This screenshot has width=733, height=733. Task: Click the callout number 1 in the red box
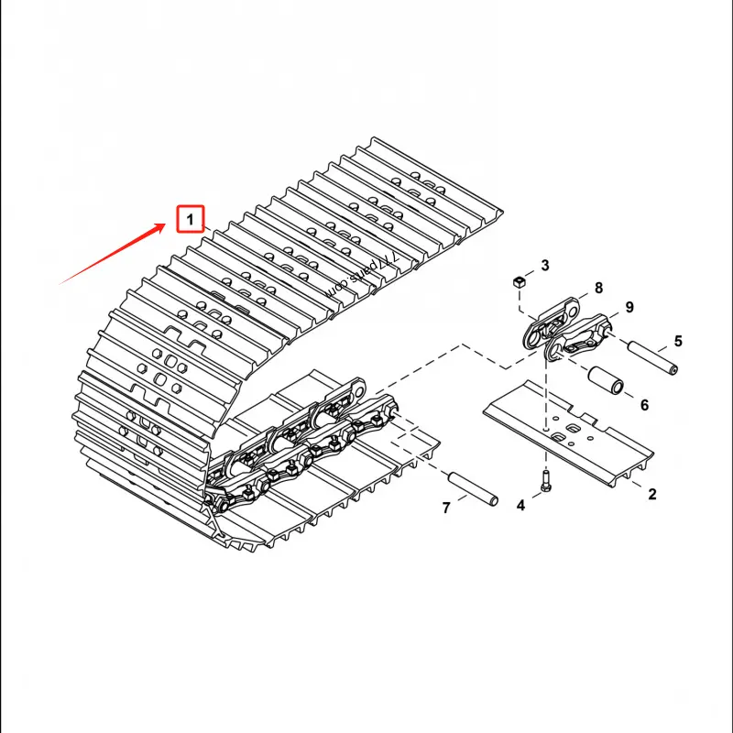tap(190, 220)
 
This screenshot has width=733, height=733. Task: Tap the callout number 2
tap(652, 495)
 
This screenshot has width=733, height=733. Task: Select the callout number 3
tap(544, 266)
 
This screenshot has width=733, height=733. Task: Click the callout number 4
tap(520, 505)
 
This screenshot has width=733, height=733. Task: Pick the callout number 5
tap(678, 342)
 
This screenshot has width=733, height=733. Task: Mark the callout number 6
tap(644, 405)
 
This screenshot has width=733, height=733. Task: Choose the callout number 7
tap(446, 509)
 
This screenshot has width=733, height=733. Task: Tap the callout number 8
tap(598, 288)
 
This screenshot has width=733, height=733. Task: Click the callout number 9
tap(629, 306)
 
